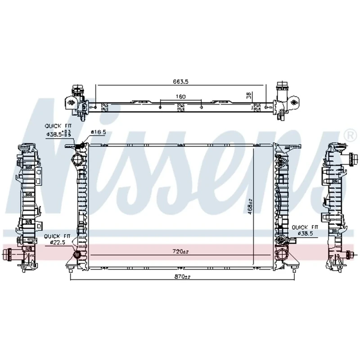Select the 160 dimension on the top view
tap(181, 97)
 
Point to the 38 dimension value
tap(248, 95)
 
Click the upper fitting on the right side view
tap(351, 158)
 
